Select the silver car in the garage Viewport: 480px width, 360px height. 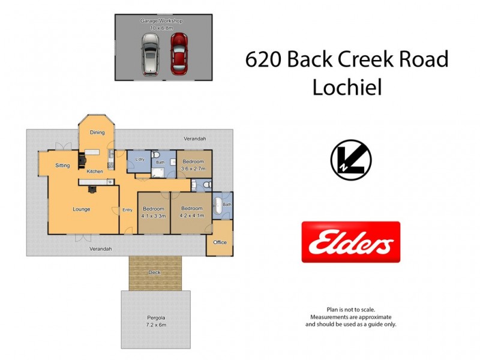[x=150, y=54]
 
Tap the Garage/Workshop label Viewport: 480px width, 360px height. [x=161, y=20]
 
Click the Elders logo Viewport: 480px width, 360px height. [x=350, y=242]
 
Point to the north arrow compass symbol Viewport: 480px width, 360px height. [x=351, y=160]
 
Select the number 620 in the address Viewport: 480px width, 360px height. [x=263, y=60]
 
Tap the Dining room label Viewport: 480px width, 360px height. [x=97, y=133]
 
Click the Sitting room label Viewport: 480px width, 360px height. [x=63, y=165]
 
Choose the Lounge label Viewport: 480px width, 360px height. [x=82, y=209]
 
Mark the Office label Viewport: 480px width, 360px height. [x=220, y=242]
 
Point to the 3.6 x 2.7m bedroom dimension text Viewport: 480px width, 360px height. [x=193, y=169]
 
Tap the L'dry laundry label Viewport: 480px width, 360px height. [x=140, y=160]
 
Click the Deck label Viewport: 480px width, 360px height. [x=155, y=272]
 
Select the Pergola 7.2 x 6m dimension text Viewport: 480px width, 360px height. [x=155, y=325]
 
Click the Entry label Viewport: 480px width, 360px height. [x=128, y=209]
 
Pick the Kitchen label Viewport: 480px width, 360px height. [x=94, y=172]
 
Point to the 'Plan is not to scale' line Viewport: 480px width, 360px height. [x=350, y=310]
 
